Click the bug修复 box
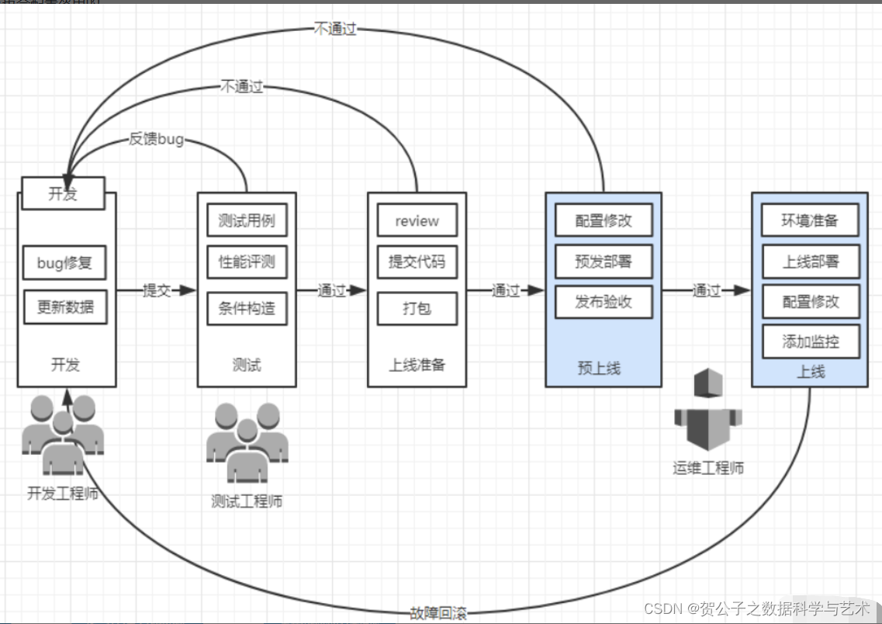pyautogui.click(x=64, y=263)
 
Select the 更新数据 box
pyautogui.click(x=64, y=307)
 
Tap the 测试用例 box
pyautogui.click(x=247, y=220)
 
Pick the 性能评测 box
pyautogui.click(x=247, y=262)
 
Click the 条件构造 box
pyautogui.click(x=247, y=308)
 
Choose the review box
pyautogui.click(x=417, y=220)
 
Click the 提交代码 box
pyautogui.click(x=417, y=262)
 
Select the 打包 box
pyautogui.click(x=417, y=308)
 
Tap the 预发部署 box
pyautogui.click(x=604, y=262)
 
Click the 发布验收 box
pyautogui.click(x=604, y=302)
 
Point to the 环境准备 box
pyautogui.click(x=810, y=220)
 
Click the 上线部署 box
pyautogui.click(x=810, y=262)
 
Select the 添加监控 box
pyautogui.click(x=810, y=341)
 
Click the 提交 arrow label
pyautogui.click(x=157, y=290)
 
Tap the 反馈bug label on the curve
pyautogui.click(x=156, y=140)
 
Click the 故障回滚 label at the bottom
pyautogui.click(x=438, y=613)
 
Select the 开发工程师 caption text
pyautogui.click(x=63, y=493)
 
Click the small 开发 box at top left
pyautogui.click(x=63, y=194)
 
